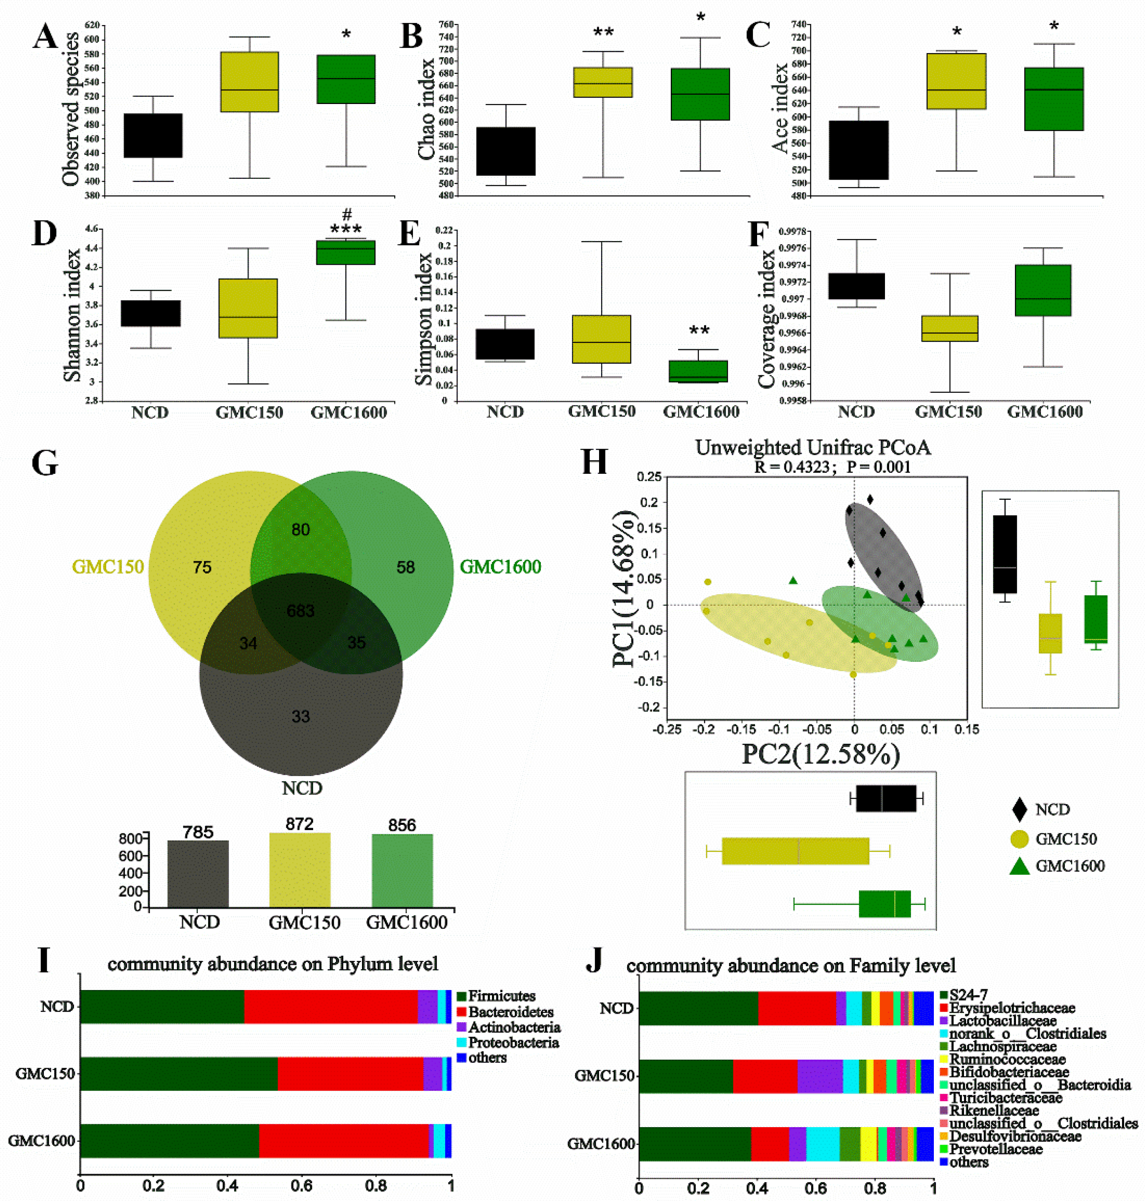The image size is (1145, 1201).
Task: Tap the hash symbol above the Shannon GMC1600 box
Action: [347, 214]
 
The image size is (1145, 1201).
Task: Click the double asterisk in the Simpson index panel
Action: [699, 331]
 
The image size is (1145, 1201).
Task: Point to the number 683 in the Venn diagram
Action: [300, 610]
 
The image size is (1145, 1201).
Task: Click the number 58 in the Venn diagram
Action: [405, 567]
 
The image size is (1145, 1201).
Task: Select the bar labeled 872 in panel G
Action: [300, 870]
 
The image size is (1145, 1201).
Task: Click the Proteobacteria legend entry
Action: [513, 1042]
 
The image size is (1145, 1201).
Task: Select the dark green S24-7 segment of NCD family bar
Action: [698, 1008]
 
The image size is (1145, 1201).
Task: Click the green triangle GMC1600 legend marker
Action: [1019, 866]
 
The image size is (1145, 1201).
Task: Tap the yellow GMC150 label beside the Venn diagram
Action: [108, 567]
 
